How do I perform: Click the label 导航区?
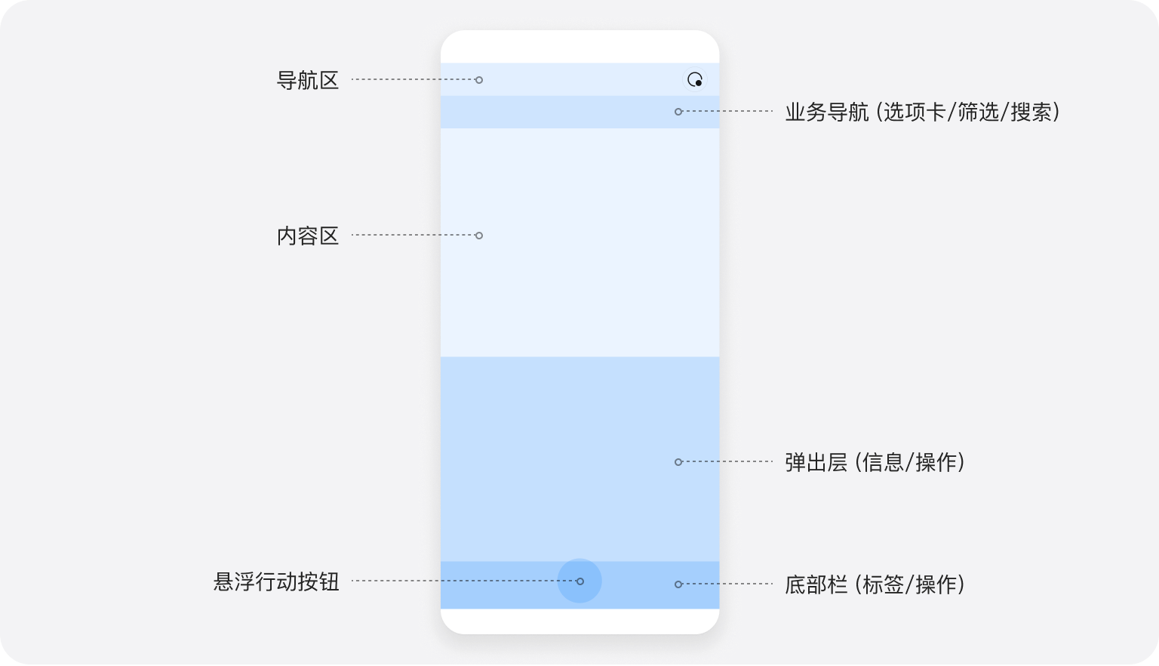coord(308,80)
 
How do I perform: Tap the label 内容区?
coord(308,236)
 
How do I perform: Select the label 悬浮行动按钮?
coord(276,582)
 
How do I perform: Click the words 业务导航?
coord(827,113)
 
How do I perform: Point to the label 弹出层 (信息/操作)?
coord(875,462)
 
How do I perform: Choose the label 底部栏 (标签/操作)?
coord(875,584)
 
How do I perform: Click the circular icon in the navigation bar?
coord(695,79)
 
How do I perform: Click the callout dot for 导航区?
coord(479,80)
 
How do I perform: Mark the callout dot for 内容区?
coord(479,236)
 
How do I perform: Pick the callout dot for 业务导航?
coord(678,112)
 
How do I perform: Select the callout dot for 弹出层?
coord(678,462)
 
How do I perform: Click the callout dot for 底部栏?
coord(678,584)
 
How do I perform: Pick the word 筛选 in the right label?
coord(979,113)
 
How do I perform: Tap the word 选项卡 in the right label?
coord(915,113)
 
